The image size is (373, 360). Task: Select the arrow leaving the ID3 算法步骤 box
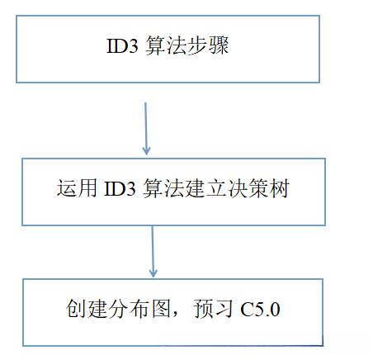146,128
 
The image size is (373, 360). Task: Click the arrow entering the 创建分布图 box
153,252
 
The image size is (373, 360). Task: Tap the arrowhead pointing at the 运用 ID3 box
146,150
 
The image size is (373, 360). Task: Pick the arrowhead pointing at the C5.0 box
153,272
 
